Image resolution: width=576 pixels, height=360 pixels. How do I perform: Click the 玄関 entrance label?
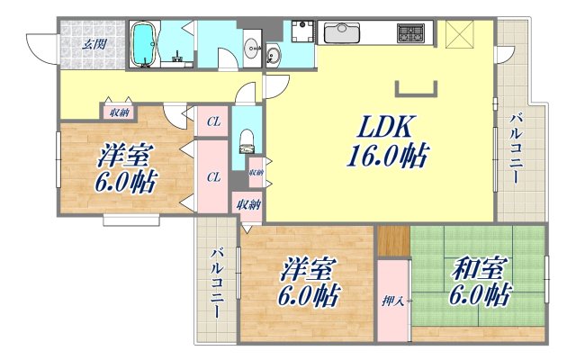(94, 42)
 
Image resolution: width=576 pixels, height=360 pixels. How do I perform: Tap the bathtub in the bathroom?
(144, 45)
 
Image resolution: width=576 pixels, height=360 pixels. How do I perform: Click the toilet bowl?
(247, 142)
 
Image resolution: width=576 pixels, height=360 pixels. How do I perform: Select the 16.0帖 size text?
(383, 157)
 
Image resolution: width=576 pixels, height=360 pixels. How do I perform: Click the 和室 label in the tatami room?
(476, 268)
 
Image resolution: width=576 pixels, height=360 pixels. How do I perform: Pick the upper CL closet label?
(213, 121)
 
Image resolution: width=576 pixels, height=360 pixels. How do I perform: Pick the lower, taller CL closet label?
(213, 177)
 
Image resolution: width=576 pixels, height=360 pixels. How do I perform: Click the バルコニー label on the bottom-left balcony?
(216, 283)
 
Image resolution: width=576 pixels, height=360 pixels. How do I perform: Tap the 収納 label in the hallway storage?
(119, 112)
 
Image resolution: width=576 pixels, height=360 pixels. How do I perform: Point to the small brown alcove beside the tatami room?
(392, 241)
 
